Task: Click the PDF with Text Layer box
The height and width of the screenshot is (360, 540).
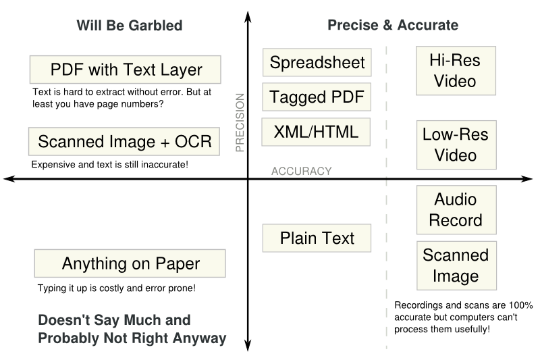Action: point(126,70)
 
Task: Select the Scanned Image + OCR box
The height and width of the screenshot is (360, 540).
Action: point(124,142)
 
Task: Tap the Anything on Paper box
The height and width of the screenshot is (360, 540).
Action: point(130,263)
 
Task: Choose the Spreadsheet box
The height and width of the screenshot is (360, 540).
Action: point(317,62)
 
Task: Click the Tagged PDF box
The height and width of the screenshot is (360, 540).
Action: point(317,97)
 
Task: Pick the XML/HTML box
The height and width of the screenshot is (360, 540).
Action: point(316,132)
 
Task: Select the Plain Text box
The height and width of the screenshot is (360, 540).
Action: point(317,238)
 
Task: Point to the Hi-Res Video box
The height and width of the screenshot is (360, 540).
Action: point(456,71)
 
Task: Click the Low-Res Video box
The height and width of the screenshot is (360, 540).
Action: point(456,145)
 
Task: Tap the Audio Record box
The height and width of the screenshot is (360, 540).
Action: point(456,210)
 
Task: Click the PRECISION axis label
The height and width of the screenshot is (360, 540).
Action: point(240,123)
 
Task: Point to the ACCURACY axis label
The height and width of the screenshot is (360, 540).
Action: point(301,171)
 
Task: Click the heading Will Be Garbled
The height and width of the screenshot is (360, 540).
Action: point(130,26)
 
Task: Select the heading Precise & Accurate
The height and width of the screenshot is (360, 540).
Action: point(393,25)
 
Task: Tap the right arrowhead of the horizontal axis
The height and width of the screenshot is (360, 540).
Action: point(527,179)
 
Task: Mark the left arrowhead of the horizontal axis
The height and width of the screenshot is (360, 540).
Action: point(9,179)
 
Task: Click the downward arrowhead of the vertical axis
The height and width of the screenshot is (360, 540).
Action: point(248,345)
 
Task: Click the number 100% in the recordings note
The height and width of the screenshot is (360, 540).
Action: point(520,305)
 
